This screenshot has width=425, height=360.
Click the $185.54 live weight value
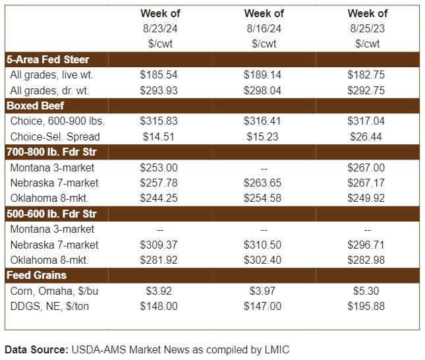click(x=159, y=75)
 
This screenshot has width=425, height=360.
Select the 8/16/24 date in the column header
click(x=264, y=28)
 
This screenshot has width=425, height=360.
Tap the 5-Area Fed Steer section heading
click(x=48, y=59)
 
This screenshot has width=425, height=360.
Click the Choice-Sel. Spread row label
click(x=55, y=136)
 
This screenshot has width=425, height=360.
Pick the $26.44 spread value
click(x=366, y=136)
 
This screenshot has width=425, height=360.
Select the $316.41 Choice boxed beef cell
click(x=263, y=121)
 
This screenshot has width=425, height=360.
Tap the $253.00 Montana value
click(x=159, y=167)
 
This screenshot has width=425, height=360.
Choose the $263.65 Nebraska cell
click(x=263, y=183)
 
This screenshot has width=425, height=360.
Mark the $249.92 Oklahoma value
click(x=366, y=198)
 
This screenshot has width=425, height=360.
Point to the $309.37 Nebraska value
click(x=159, y=244)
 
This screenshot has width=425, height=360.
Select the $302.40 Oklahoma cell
click(x=263, y=259)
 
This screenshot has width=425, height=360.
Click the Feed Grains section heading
click(x=37, y=275)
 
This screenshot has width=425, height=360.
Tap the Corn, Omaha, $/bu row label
click(x=55, y=291)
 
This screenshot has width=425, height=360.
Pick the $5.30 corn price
click(x=366, y=291)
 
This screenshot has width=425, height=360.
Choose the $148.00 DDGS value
click(x=159, y=306)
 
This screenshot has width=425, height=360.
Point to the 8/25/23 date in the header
click(x=367, y=28)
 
